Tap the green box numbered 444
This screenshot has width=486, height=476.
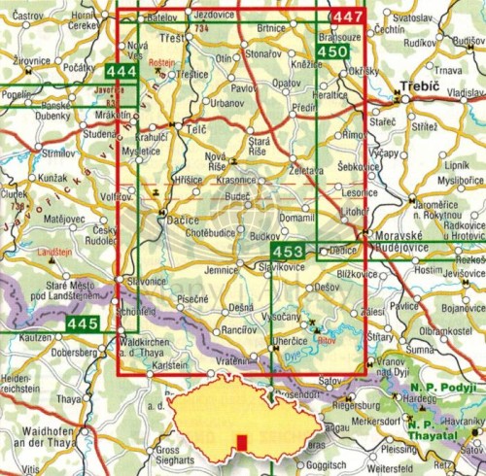point(121,73)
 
